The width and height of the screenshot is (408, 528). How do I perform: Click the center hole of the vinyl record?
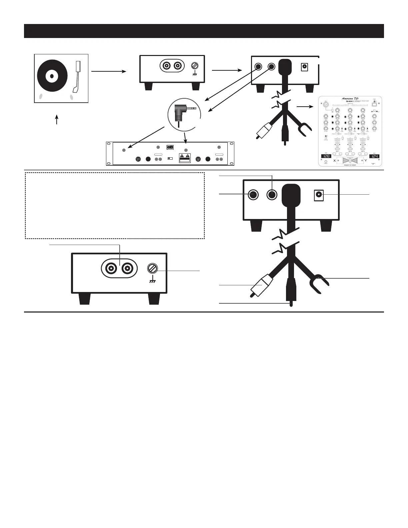coord(51,76)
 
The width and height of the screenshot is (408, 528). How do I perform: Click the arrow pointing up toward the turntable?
coord(57,120)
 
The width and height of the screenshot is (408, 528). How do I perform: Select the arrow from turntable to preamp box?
coord(109,71)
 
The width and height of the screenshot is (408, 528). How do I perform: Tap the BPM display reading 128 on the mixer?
coord(326,156)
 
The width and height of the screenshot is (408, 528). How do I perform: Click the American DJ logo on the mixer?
coord(351,99)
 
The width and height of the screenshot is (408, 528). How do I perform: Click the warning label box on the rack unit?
coord(185,158)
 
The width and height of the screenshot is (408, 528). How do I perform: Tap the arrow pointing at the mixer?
coord(305,107)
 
